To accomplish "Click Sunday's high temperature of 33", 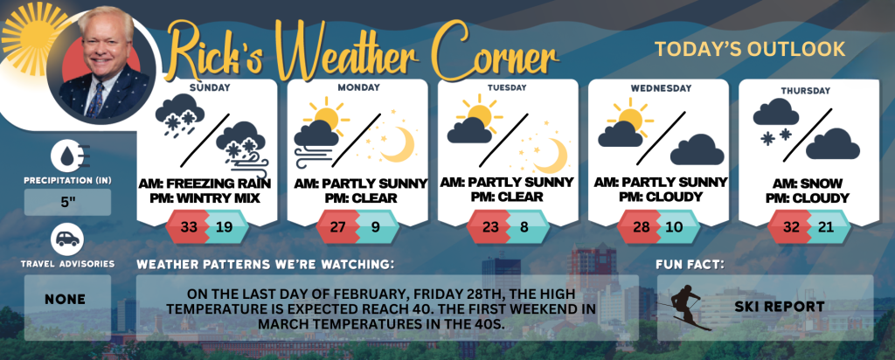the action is pyautogui.click(x=189, y=227).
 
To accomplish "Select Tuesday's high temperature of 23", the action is pyautogui.click(x=489, y=227).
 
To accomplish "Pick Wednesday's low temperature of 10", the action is pyautogui.click(x=674, y=227).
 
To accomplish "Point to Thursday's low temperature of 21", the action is pyautogui.click(x=825, y=227).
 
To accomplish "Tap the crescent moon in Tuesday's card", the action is pyautogui.click(x=551, y=156).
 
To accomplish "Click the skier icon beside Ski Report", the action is pyautogui.click(x=685, y=307).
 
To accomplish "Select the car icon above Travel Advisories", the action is pyautogui.click(x=67, y=240).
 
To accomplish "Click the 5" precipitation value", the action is pyautogui.click(x=68, y=203).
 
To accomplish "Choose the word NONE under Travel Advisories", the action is pyautogui.click(x=65, y=299).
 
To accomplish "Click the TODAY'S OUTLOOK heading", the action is pyautogui.click(x=750, y=50).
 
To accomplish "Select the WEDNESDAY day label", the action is pyautogui.click(x=661, y=88).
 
